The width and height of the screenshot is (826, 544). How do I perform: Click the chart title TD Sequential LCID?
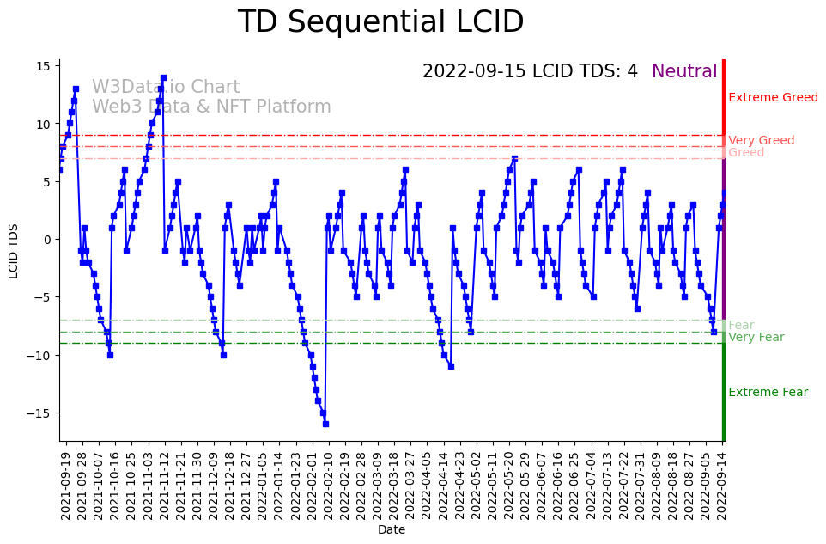pos(380,22)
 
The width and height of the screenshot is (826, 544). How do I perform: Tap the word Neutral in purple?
pos(684,71)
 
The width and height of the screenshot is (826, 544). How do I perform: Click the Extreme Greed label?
pos(773,98)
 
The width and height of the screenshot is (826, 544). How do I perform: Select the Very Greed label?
pos(761,141)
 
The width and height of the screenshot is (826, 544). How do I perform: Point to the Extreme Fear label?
pos(768,393)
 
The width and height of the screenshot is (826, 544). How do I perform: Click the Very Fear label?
pos(756,338)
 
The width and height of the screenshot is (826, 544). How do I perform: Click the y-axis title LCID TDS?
pos(14,251)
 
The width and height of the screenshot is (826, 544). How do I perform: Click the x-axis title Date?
pos(392,530)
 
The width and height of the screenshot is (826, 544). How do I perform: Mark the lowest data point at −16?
pos(325,424)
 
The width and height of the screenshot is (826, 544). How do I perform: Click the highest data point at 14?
pos(163,78)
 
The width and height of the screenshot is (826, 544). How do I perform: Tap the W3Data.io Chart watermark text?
pos(166,88)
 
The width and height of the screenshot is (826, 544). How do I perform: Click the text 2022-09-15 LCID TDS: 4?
pos(530,71)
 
